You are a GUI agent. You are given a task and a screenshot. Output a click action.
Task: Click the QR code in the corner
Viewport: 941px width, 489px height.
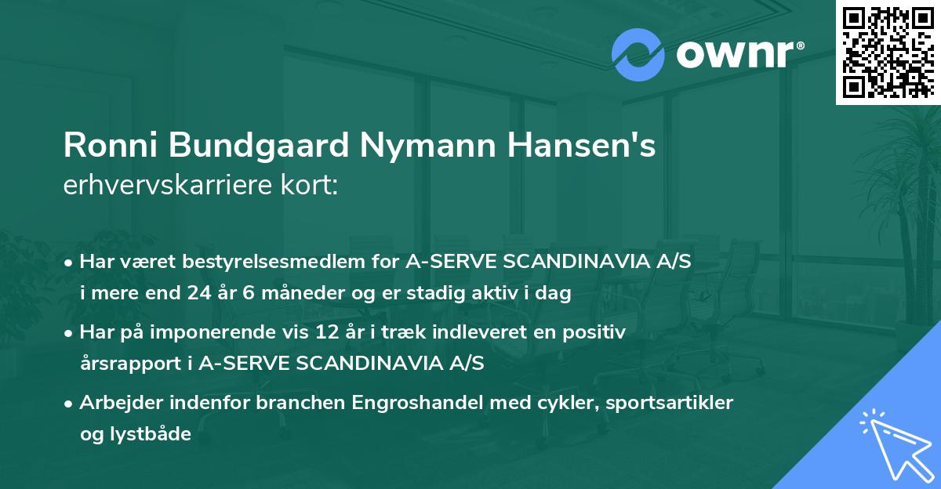coord(888,52)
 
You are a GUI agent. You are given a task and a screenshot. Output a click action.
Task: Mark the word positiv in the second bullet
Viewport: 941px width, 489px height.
coord(597,333)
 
